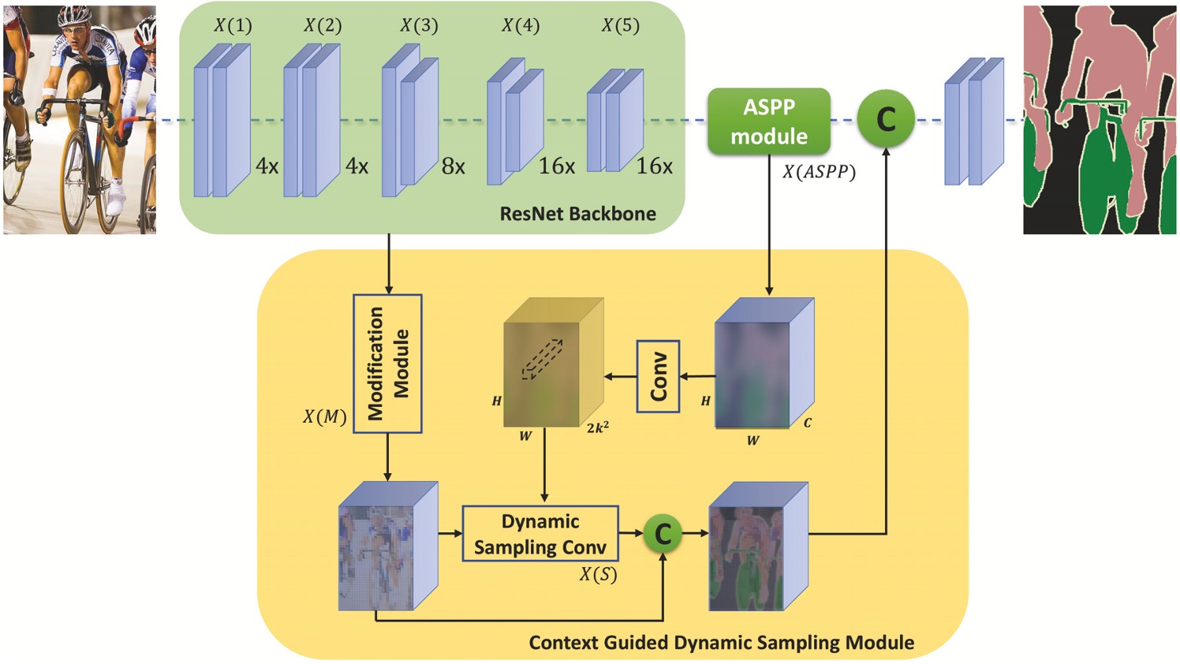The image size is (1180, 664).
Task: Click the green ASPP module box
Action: (768, 121)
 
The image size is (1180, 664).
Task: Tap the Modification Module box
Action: (387, 364)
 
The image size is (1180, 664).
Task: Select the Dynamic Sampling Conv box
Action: (540, 534)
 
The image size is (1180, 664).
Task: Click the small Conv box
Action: (659, 376)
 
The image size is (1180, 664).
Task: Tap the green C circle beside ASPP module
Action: (886, 120)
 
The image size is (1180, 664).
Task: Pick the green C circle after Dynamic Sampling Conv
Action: (663, 534)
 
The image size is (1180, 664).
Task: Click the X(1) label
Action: (233, 26)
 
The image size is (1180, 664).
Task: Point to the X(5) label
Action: (621, 26)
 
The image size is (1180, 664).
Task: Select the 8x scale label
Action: (453, 166)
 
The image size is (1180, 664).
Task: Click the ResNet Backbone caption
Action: (577, 214)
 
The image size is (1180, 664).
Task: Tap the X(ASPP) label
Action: (819, 171)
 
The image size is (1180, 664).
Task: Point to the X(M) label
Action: (324, 416)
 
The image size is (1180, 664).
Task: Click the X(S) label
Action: (598, 575)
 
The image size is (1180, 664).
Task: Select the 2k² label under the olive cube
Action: (597, 428)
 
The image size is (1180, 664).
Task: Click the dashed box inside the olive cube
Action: (542, 360)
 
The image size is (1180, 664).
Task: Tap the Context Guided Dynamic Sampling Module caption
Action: (721, 643)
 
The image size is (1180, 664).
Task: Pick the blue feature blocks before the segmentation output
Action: (974, 122)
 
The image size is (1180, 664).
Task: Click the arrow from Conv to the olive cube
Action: (621, 377)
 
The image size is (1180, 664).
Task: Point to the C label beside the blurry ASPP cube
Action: (807, 423)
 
